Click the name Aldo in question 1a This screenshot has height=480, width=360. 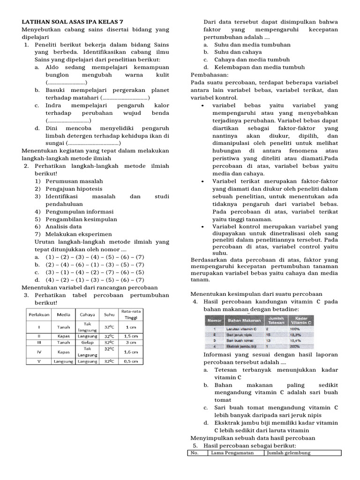pos(53,67)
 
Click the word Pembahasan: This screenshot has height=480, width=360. pos(210,75)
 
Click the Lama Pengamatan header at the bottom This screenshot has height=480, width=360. pos(232,453)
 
